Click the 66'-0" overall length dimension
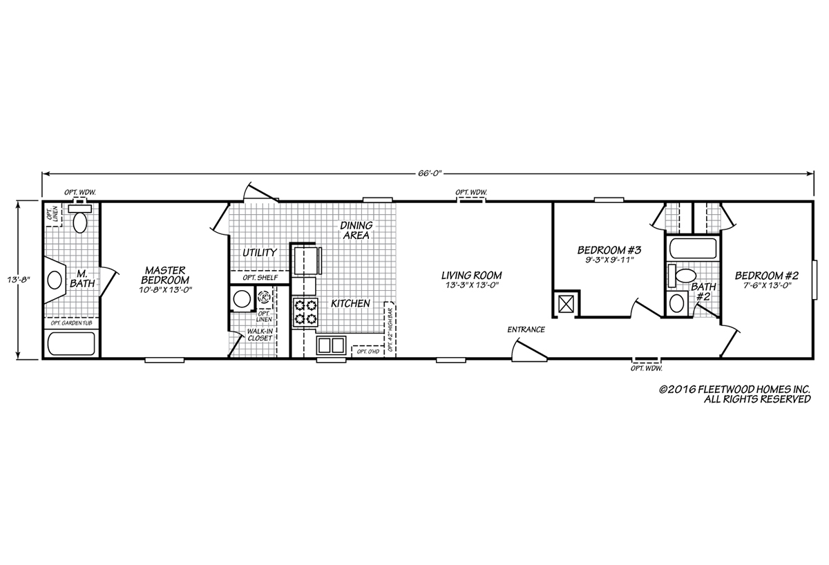tap(430, 173)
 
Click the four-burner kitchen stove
tap(305, 312)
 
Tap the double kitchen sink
tap(331, 345)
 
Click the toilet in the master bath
tap(80, 218)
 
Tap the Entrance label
tap(526, 329)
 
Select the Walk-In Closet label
tap(260, 335)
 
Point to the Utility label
tap(260, 253)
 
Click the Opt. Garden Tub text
tap(72, 323)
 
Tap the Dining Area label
tap(356, 230)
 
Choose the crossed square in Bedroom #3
tap(565, 304)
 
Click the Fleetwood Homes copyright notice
tap(734, 394)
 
